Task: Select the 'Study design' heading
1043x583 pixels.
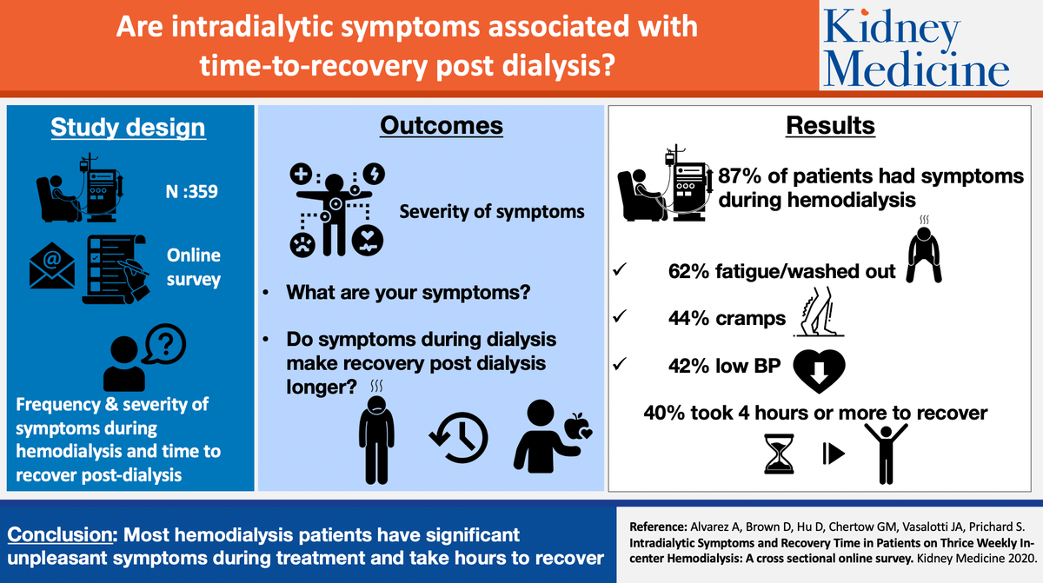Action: pos(128,127)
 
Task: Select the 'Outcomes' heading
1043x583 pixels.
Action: pos(441,125)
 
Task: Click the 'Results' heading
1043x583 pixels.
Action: pos(830,125)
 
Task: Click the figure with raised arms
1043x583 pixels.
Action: pos(882,449)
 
